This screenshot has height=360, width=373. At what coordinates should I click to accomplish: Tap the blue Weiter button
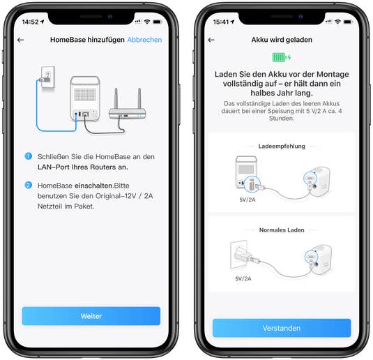tap(91, 316)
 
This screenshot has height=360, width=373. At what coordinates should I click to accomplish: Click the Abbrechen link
tap(144, 40)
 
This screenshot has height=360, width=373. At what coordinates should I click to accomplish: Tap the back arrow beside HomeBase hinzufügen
tap(21, 40)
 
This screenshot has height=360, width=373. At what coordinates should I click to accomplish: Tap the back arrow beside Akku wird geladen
tap(211, 40)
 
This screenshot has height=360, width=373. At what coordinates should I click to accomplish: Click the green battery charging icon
tap(282, 57)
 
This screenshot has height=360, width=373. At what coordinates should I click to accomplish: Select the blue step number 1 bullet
tap(29, 156)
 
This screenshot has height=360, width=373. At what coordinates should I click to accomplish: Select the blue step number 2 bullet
tap(29, 185)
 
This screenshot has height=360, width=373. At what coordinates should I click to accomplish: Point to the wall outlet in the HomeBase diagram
tap(48, 77)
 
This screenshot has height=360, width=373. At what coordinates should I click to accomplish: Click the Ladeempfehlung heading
tap(282, 147)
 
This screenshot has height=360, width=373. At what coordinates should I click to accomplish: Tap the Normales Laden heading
tap(282, 230)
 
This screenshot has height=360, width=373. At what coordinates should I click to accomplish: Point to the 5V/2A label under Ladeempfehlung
tap(248, 200)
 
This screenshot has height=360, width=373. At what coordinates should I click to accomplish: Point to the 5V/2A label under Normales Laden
tap(243, 278)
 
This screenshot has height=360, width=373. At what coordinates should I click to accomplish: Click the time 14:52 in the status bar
tap(30, 22)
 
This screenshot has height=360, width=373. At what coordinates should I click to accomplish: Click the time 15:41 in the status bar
tap(221, 22)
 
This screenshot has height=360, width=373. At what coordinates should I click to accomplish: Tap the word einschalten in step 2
tap(93, 186)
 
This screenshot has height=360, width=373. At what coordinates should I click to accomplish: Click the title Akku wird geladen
tap(282, 40)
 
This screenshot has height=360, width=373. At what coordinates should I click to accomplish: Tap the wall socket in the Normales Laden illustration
tap(238, 254)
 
